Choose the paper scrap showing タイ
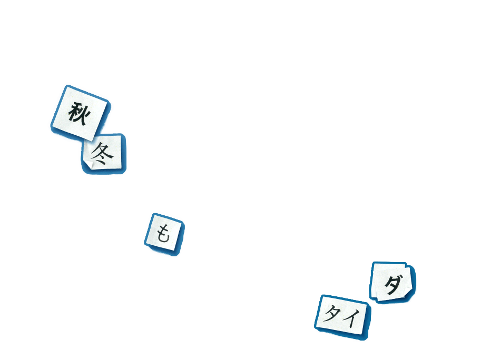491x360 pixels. click(x=342, y=315)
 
